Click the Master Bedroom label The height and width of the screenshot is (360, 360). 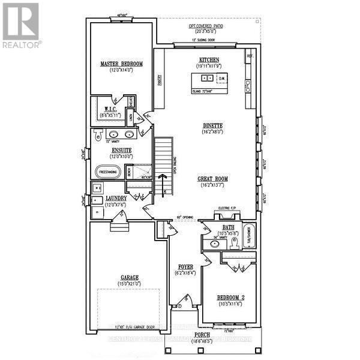[x=121, y=64]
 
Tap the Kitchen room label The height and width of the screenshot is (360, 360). [x=209, y=60]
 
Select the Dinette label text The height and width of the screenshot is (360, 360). [x=213, y=125]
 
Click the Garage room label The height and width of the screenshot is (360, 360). [x=128, y=278]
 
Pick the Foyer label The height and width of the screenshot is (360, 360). [x=184, y=266]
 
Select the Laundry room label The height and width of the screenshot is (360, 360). [x=116, y=199]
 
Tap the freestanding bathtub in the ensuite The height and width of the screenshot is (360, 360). [x=107, y=172]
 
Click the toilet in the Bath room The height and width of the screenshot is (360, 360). [x=236, y=242]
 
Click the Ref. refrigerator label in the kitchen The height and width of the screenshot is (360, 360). [x=249, y=56]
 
